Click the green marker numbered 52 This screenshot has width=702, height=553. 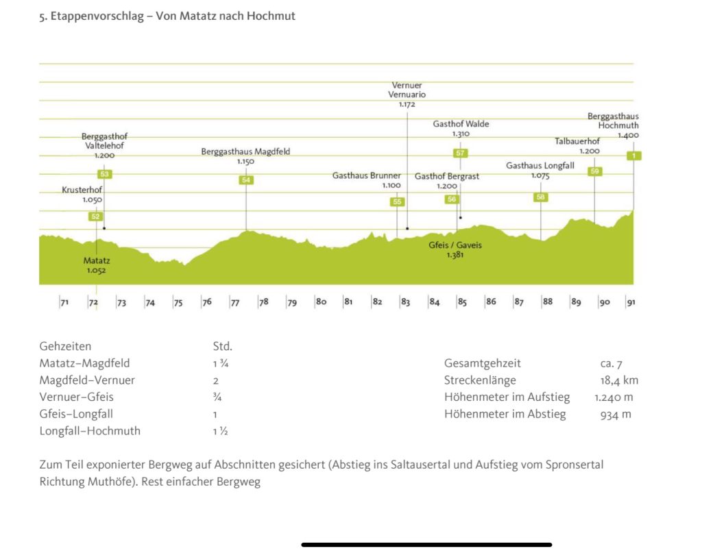pos(95,217)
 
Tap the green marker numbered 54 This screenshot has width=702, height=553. pos(246,180)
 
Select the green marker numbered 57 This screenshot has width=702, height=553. pos(460,153)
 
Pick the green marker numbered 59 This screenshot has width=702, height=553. pos(594,171)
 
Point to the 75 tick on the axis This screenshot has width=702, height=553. pos(178,302)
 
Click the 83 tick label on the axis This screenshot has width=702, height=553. pos(405,302)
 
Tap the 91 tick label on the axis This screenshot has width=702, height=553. pos(631,302)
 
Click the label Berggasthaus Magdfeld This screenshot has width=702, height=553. pos(245,151)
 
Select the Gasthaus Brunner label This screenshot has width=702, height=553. pos(367,176)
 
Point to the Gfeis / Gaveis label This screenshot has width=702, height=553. pos(455,245)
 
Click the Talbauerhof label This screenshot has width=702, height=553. pos(577,142)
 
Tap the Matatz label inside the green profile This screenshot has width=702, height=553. pos(97,261)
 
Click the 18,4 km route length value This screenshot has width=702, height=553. pos(619,380)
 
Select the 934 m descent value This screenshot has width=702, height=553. pos(617,414)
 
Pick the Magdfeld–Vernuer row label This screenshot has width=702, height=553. pos(87,380)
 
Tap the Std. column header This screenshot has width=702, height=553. pos(222,346)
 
